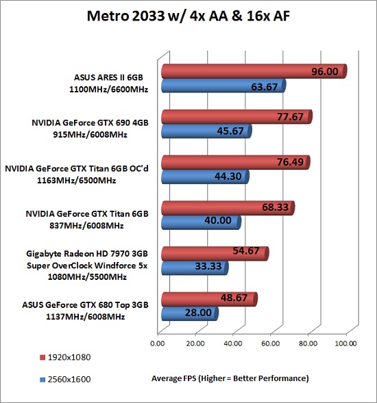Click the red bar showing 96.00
tap(254, 71)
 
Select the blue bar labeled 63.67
tap(223, 86)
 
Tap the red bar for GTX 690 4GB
tap(237, 117)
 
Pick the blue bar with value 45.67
tap(206, 131)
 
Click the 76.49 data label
tap(290, 162)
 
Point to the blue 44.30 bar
tap(205, 177)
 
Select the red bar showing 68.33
tap(228, 208)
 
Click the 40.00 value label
tap(218, 220)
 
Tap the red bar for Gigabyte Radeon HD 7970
tap(215, 254)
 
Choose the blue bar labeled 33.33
tap(195, 268)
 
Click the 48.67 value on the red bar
tap(234, 298)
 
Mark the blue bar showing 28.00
tap(190, 313)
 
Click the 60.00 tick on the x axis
tap(270, 343)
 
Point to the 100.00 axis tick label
tap(345, 343)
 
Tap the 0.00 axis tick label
tap(158, 343)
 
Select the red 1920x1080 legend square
tap(42, 358)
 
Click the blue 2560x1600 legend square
tap(42, 380)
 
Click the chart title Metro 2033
tap(188, 16)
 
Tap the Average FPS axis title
tap(230, 378)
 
